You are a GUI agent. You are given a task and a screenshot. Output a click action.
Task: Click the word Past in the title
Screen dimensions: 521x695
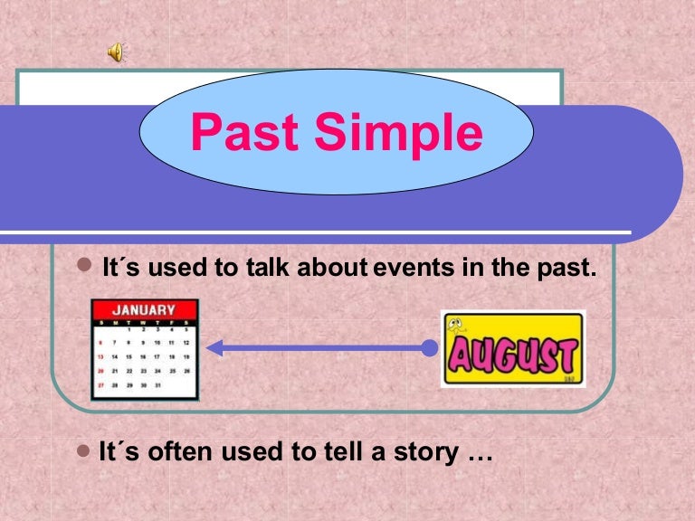pos(243,133)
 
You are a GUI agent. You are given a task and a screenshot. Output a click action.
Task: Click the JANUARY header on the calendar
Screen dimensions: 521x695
pos(143,310)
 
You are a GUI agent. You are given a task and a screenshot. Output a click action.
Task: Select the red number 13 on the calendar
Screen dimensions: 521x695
pos(100,357)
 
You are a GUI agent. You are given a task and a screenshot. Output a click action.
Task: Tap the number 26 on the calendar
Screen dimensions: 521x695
pos(186,371)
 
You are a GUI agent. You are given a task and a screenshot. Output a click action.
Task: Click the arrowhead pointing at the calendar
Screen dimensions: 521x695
pos(215,346)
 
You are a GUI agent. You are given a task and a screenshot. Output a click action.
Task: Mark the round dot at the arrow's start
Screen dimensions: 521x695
pos(430,346)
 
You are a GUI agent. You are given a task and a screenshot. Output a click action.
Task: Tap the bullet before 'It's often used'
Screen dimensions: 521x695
pos(85,450)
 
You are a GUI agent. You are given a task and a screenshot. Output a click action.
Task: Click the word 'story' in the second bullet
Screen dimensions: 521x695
pos(424,453)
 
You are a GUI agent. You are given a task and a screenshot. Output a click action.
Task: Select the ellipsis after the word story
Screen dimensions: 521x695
pos(479,455)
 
